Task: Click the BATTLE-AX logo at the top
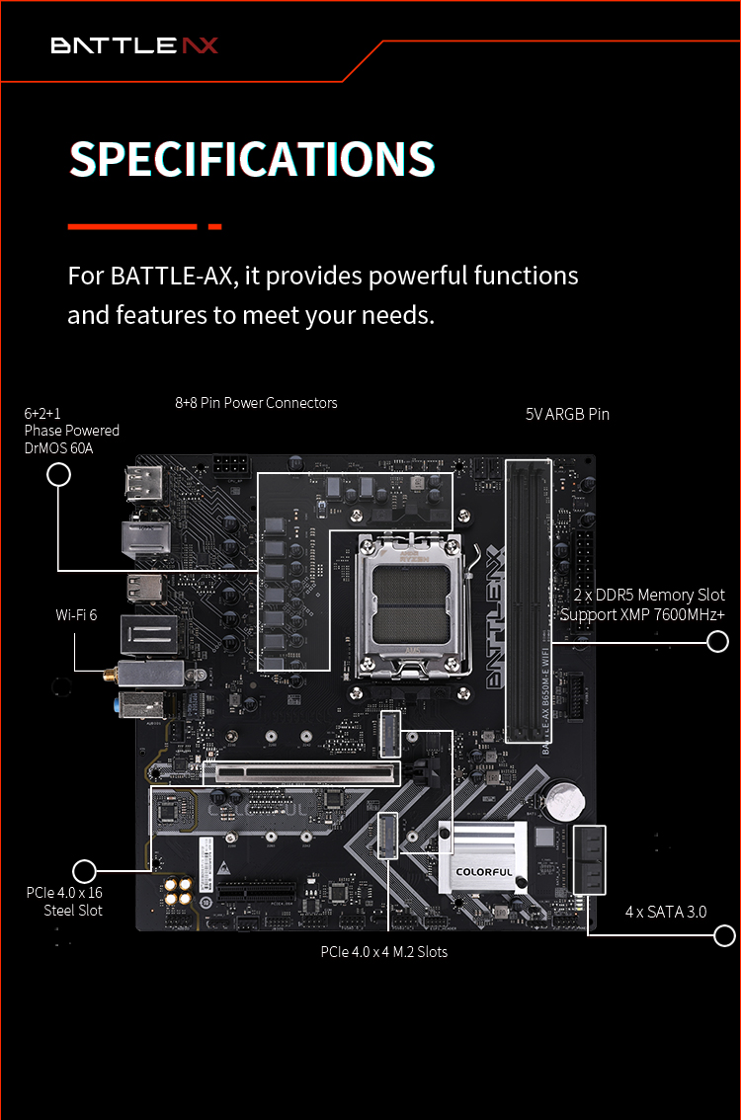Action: tap(134, 45)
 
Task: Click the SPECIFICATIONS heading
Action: tap(252, 159)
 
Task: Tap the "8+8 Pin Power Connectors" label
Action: tap(256, 403)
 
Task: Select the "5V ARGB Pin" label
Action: tap(567, 414)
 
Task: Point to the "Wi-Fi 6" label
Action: tap(76, 615)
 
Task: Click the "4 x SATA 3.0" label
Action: tap(666, 913)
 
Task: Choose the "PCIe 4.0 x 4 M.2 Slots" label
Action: tap(384, 952)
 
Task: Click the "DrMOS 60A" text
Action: tap(58, 448)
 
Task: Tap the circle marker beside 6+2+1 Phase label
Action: tap(58, 474)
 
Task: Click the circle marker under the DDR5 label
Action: tap(717, 641)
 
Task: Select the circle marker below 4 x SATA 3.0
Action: tap(724, 935)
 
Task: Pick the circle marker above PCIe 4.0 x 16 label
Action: tap(84, 871)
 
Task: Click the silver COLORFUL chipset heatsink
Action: tap(483, 857)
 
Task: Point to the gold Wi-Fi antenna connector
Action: tap(110, 675)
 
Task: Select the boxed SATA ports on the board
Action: tap(590, 860)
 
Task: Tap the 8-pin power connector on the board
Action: tap(231, 466)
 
